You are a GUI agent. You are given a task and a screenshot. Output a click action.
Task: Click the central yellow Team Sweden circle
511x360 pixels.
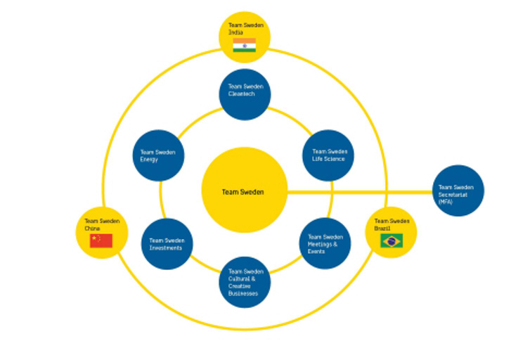tap(244, 191)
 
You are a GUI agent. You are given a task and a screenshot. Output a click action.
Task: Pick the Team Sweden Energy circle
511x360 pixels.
tap(159, 155)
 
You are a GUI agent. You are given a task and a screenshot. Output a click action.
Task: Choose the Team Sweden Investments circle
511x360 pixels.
tap(167, 243)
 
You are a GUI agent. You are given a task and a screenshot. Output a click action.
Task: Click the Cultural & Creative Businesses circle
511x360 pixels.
tap(246, 281)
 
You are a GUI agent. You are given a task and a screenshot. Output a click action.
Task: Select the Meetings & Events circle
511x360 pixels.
tap(325, 243)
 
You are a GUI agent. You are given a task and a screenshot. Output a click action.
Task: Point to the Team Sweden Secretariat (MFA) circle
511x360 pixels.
tap(458, 191)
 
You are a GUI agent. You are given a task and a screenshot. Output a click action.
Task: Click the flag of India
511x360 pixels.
tap(244, 46)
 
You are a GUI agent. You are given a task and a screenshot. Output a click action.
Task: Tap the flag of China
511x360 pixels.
tap(101, 241)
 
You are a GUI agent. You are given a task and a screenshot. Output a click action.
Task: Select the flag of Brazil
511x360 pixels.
tap(391, 240)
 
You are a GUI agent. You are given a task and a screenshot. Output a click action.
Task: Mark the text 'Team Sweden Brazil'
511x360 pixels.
tap(392, 225)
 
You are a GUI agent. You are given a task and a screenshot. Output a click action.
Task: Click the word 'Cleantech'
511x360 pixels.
tap(242, 94)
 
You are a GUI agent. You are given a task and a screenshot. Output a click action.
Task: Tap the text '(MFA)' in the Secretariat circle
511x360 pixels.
tap(446, 202)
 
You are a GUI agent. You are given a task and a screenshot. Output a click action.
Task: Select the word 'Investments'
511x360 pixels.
tap(166, 248)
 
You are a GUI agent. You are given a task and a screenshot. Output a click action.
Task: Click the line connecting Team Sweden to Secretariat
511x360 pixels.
tap(358, 191)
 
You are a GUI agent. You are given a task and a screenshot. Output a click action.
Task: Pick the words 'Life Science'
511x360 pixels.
tap(329, 159)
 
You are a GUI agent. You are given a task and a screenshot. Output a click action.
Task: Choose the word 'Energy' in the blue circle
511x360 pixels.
tap(149, 160)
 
